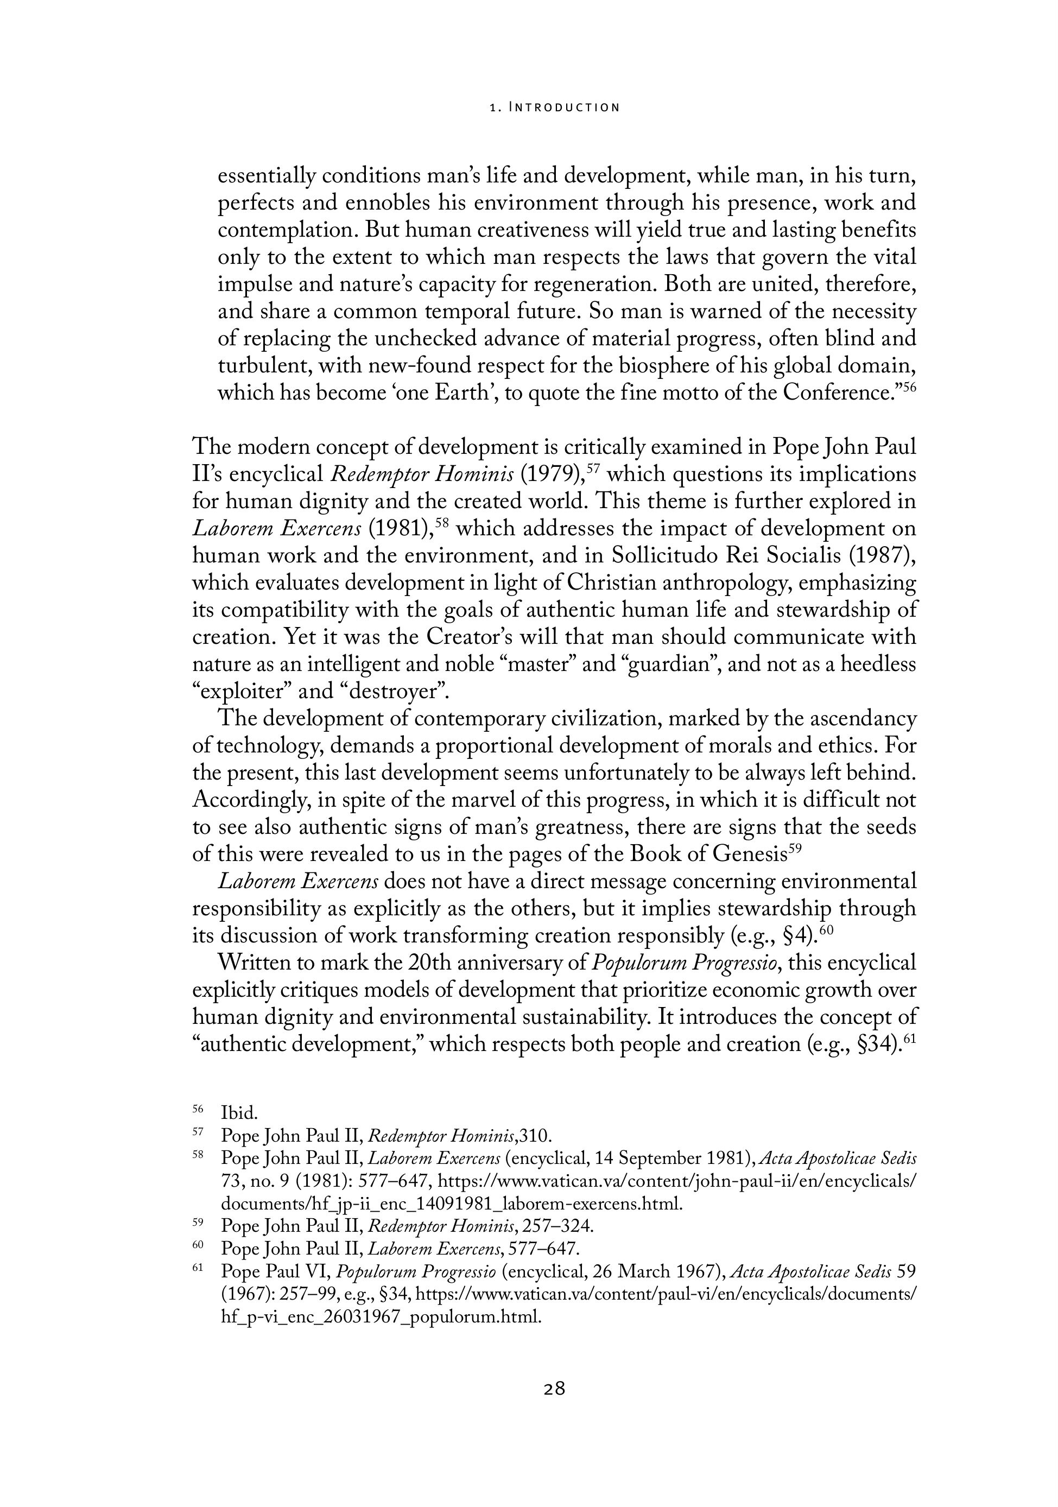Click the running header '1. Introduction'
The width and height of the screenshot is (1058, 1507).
(555, 107)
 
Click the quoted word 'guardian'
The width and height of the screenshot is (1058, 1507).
(672, 664)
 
